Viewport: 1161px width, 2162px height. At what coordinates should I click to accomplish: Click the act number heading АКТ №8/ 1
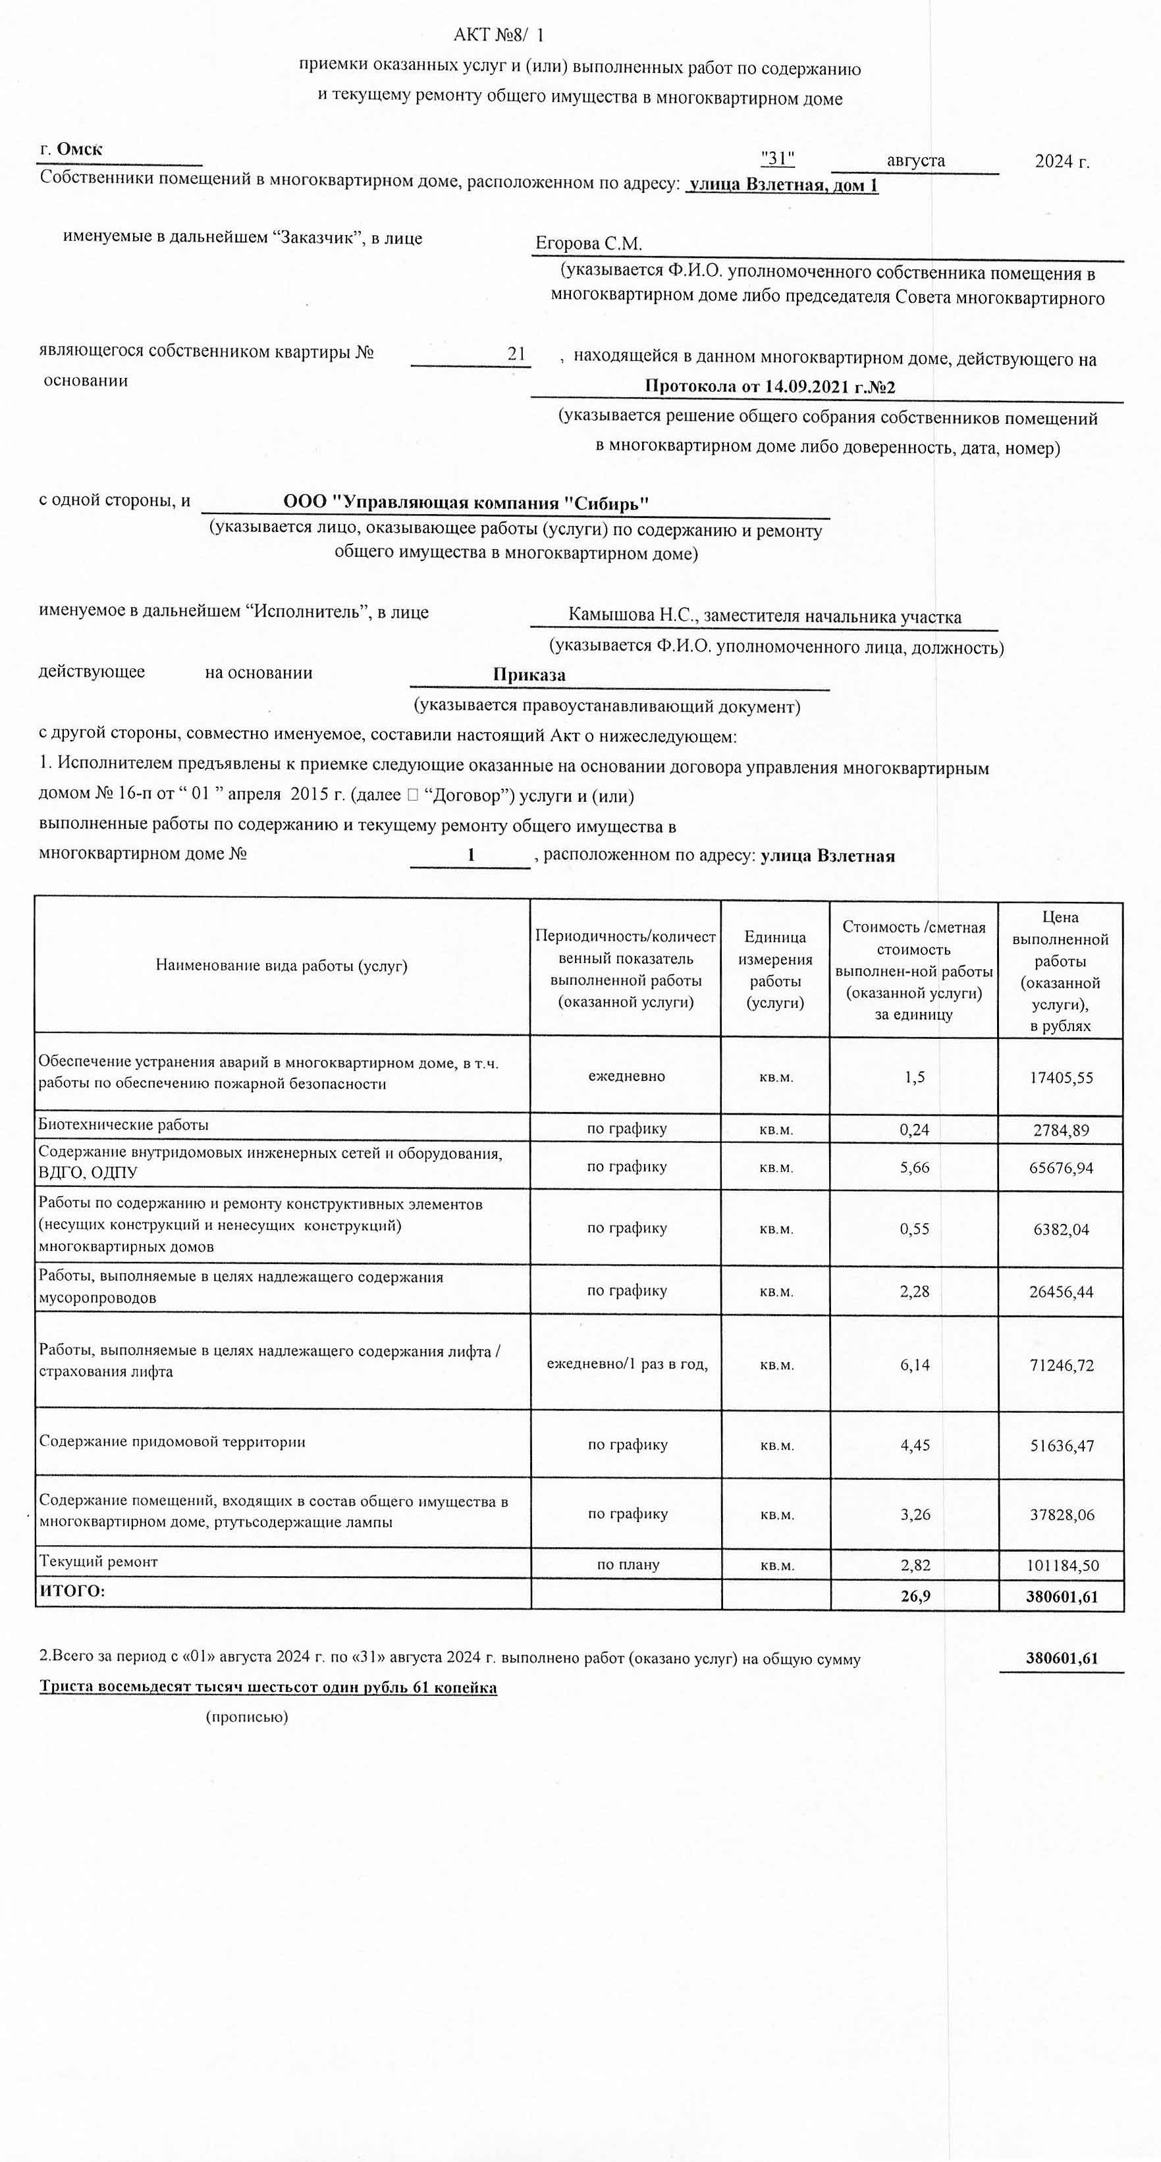point(499,36)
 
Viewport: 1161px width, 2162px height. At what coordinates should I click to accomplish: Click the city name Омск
point(80,149)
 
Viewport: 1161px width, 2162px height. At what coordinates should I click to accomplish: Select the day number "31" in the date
point(777,159)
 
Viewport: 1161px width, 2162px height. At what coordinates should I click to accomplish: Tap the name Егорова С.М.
point(589,244)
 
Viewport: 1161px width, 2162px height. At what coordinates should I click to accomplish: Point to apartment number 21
point(516,354)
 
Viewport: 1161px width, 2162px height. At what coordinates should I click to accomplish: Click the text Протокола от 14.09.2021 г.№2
point(770,387)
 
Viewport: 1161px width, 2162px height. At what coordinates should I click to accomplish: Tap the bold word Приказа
point(529,675)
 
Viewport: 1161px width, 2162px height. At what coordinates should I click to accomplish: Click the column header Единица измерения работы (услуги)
point(775,969)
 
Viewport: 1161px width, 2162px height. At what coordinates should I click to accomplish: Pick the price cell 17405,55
point(1061,1078)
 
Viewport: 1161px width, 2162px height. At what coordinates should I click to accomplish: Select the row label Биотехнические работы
point(123,1124)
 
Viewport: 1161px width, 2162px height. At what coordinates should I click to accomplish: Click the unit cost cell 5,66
point(914,1167)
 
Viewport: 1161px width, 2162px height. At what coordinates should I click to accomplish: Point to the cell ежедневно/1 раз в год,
point(627,1364)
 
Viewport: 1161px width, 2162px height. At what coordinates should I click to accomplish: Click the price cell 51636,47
point(1061,1445)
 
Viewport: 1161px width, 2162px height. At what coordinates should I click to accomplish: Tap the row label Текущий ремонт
point(98,1561)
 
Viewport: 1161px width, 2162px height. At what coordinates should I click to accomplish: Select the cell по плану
point(628,1564)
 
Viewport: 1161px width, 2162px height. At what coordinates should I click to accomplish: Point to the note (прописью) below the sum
point(247,1717)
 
